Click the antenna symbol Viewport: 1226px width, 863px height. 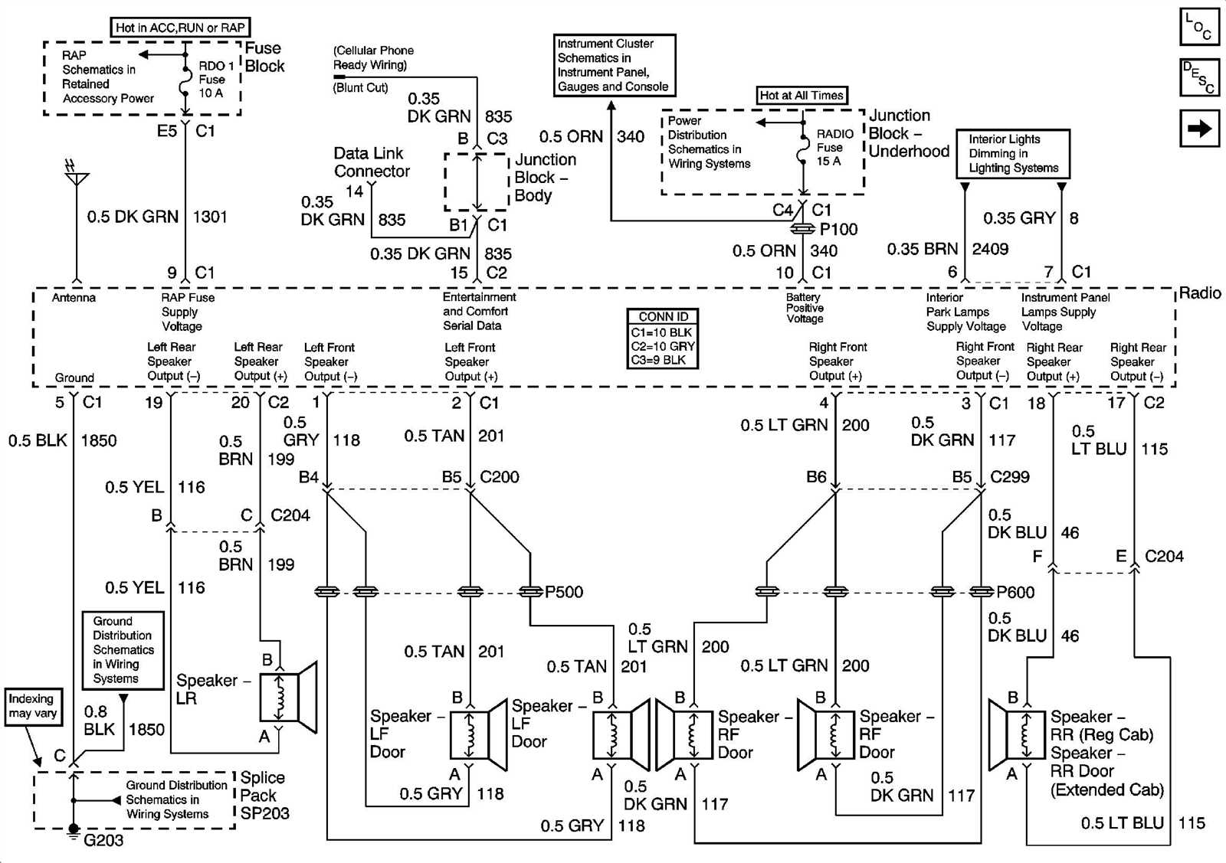pyautogui.click(x=76, y=177)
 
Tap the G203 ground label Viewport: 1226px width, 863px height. pyautogui.click(x=103, y=840)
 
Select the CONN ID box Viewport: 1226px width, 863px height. pyautogui.click(x=664, y=338)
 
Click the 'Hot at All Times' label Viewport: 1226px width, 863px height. pyautogui.click(x=801, y=95)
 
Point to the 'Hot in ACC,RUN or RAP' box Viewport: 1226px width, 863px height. pyautogui.click(x=181, y=28)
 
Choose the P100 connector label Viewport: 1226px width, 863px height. pyautogui.click(x=838, y=229)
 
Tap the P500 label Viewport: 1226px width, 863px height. pyautogui.click(x=564, y=592)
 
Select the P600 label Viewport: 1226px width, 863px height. pyautogui.click(x=1015, y=592)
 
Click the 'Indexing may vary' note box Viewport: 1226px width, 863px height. pyautogui.click(x=32, y=705)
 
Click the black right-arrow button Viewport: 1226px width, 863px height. pyautogui.click(x=1199, y=128)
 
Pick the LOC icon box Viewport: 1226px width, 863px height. pyautogui.click(x=1198, y=27)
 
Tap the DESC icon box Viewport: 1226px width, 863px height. pyautogui.click(x=1198, y=77)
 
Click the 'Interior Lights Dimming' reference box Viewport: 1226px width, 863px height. pyautogui.click(x=1013, y=153)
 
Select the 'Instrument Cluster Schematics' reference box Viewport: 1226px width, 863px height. pyautogui.click(x=615, y=65)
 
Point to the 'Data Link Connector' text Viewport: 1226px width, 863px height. pyautogui.click(x=372, y=162)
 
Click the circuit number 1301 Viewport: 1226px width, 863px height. pyautogui.click(x=210, y=217)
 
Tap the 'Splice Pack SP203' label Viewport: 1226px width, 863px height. pyautogui.click(x=264, y=796)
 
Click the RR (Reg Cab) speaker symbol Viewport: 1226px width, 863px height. pyautogui.click(x=1016, y=734)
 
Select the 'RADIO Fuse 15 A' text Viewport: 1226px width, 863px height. pyautogui.click(x=834, y=147)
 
